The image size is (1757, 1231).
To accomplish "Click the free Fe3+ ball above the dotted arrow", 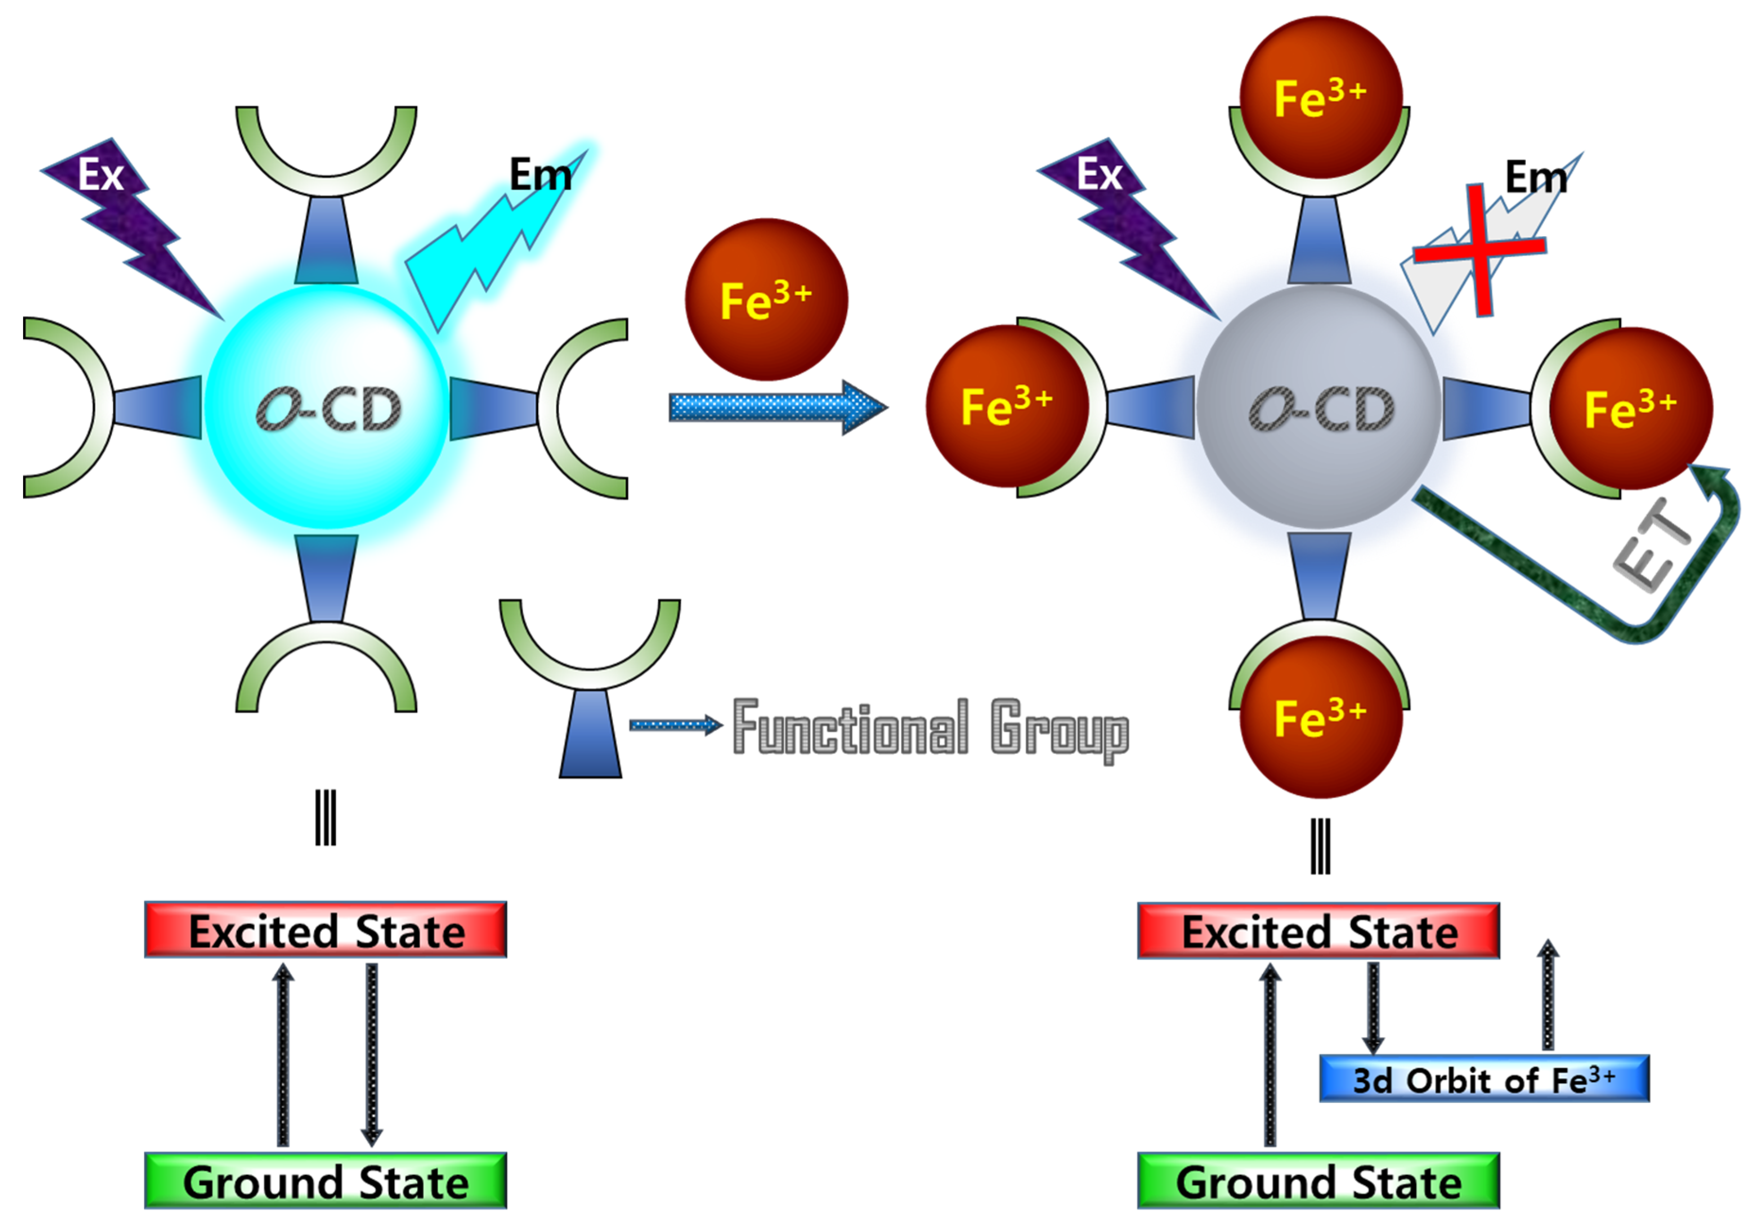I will [766, 300].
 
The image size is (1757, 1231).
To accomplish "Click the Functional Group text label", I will [930, 727].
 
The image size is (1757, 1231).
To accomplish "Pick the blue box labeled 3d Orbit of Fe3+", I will [1484, 1079].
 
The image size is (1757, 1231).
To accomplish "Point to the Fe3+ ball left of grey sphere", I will [1007, 405].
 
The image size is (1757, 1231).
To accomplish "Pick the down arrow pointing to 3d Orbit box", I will [1373, 1006].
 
